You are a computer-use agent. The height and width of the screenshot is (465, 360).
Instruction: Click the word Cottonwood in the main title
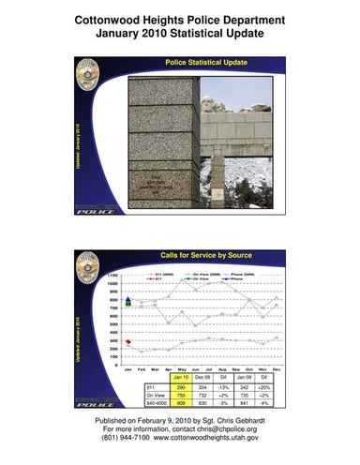[x=112, y=20]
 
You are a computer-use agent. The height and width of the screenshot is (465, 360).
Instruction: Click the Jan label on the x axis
[x=127, y=371]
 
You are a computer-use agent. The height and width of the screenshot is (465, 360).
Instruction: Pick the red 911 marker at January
[x=127, y=342]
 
